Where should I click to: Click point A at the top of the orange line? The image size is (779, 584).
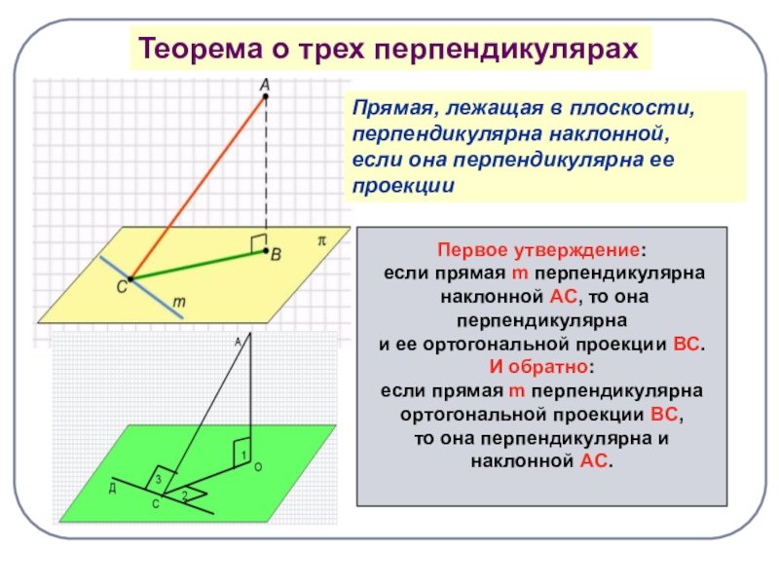coord(266,96)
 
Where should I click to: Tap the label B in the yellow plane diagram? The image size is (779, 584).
coord(277,255)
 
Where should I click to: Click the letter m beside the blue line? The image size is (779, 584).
coord(179,304)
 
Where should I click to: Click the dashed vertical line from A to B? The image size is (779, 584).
coord(266,165)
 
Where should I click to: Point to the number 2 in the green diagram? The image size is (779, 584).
coord(184,495)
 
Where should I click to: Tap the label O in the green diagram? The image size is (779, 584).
coord(258,468)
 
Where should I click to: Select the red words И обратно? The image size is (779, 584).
coord(541,368)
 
